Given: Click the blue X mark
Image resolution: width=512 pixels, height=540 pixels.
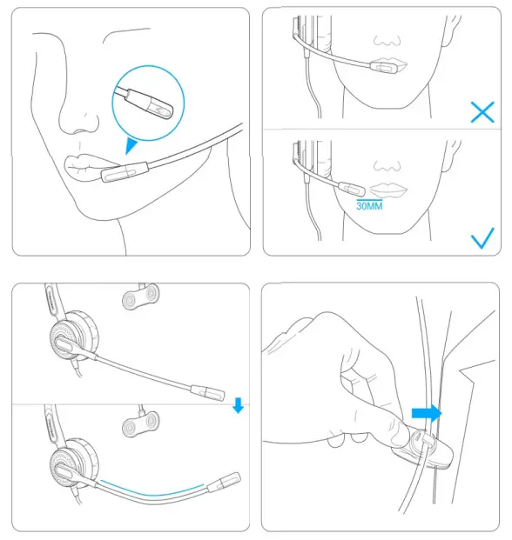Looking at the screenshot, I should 481,111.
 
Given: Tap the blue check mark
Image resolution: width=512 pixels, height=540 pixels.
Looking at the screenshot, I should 481,237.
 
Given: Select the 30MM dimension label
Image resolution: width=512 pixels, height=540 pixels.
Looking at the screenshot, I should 369,207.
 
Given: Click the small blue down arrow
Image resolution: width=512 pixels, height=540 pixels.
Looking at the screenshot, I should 239,406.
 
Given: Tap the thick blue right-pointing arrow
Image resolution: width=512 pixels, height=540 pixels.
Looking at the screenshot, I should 427,411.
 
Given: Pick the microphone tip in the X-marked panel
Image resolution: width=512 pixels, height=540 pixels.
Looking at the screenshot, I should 383,67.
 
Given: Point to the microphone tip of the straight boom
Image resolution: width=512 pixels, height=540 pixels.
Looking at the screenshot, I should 210,391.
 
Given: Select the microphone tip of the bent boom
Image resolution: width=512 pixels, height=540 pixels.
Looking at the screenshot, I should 228,480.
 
